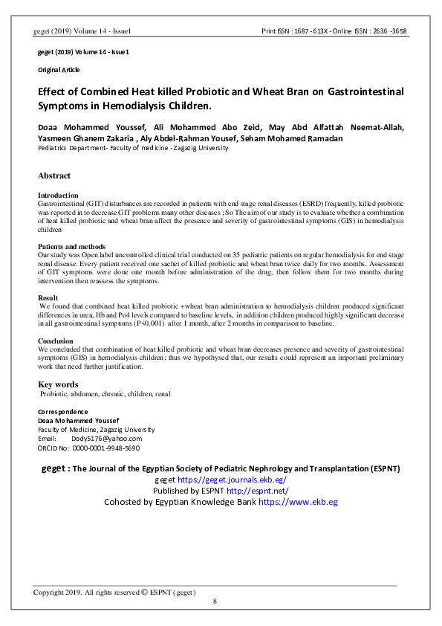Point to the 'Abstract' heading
[54, 176]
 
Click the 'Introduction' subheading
[57, 196]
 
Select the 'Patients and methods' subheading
[71, 246]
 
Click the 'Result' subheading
[48, 297]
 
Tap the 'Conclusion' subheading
[55, 341]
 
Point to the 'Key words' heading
[57, 384]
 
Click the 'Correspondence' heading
[62, 412]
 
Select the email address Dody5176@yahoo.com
[106, 439]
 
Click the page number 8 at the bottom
[215, 601]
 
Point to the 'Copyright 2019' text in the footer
[57, 592]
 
